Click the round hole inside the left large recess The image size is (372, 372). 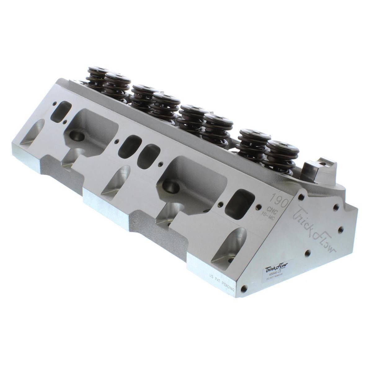[x=76, y=135]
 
